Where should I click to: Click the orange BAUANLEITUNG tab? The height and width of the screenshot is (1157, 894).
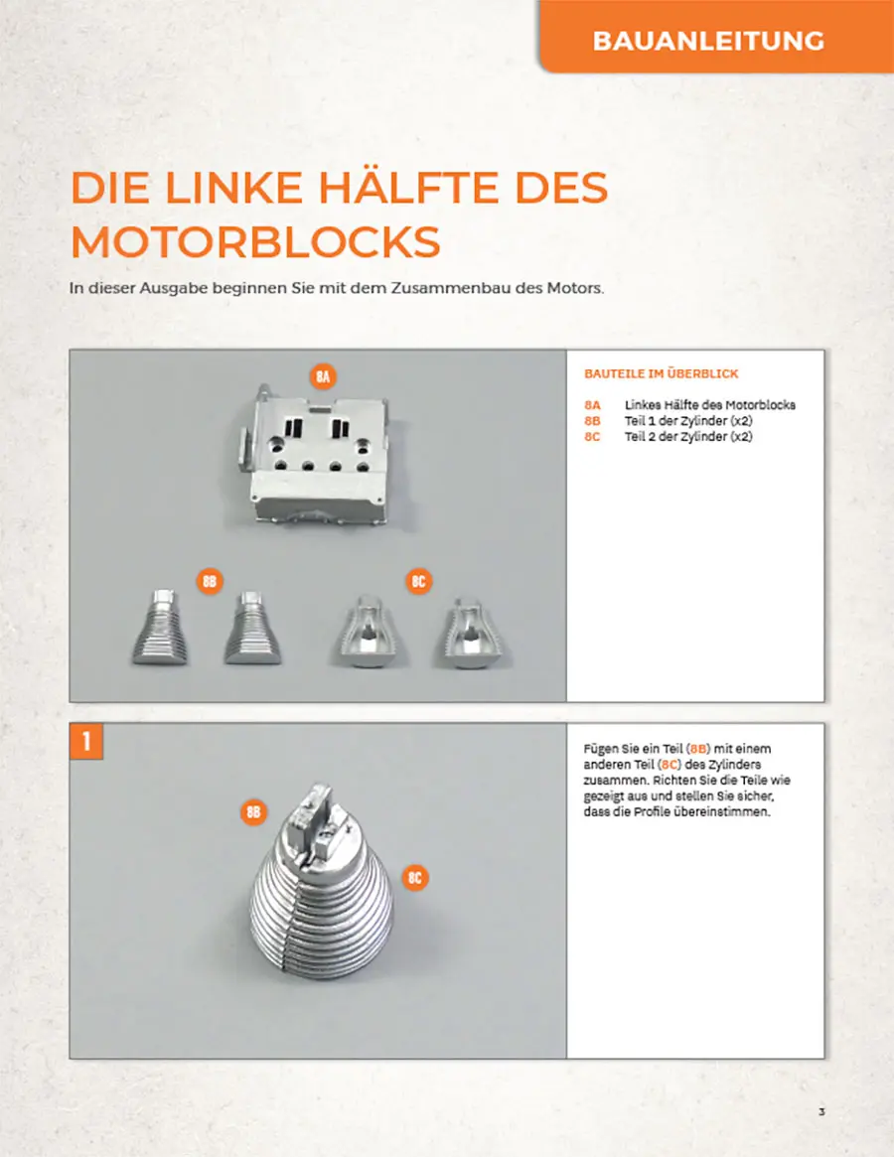tap(716, 36)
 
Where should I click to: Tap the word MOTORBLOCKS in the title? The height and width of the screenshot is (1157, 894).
tap(255, 241)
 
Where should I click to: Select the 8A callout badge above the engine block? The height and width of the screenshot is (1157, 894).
tap(323, 377)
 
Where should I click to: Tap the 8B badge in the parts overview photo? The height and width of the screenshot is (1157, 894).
tap(210, 581)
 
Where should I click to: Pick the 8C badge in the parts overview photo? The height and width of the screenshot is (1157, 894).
tap(418, 581)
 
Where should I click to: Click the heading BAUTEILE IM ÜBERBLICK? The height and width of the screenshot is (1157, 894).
tap(661, 374)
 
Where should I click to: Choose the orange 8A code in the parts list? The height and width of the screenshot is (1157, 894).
tap(592, 405)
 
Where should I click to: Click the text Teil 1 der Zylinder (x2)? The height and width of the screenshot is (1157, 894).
tap(688, 421)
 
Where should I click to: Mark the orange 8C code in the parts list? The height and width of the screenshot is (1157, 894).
tap(592, 437)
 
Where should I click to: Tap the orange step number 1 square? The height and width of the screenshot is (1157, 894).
tap(86, 741)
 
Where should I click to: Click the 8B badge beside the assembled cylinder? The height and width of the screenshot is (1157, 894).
tap(253, 812)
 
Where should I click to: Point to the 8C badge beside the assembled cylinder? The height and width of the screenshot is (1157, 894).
tap(415, 877)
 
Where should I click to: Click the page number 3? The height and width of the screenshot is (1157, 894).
tap(821, 1112)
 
